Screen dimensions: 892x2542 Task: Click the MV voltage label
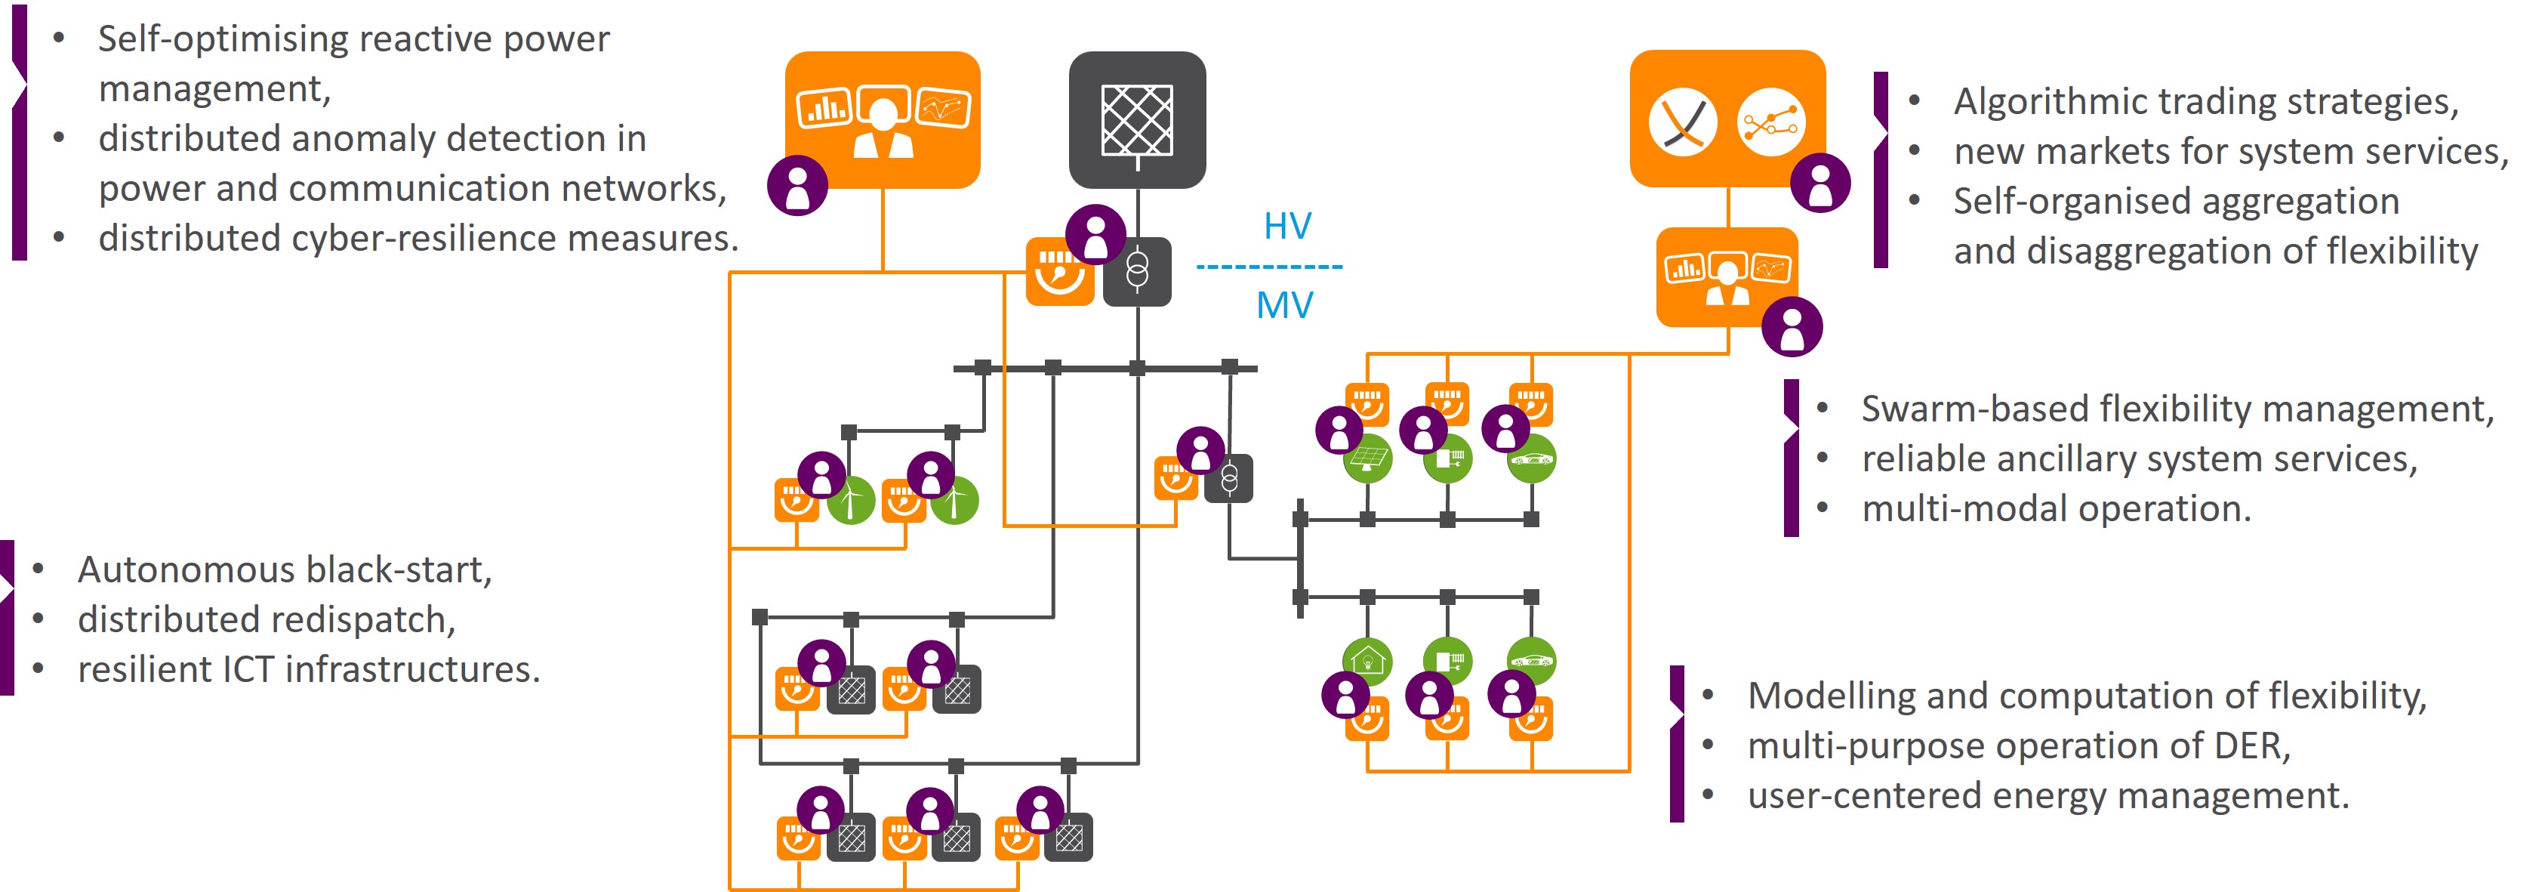coord(1283,305)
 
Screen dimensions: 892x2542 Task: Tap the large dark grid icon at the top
coord(1137,119)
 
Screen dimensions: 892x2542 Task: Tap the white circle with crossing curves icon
coord(1683,122)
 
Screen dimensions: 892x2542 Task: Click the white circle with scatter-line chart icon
coord(1770,122)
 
